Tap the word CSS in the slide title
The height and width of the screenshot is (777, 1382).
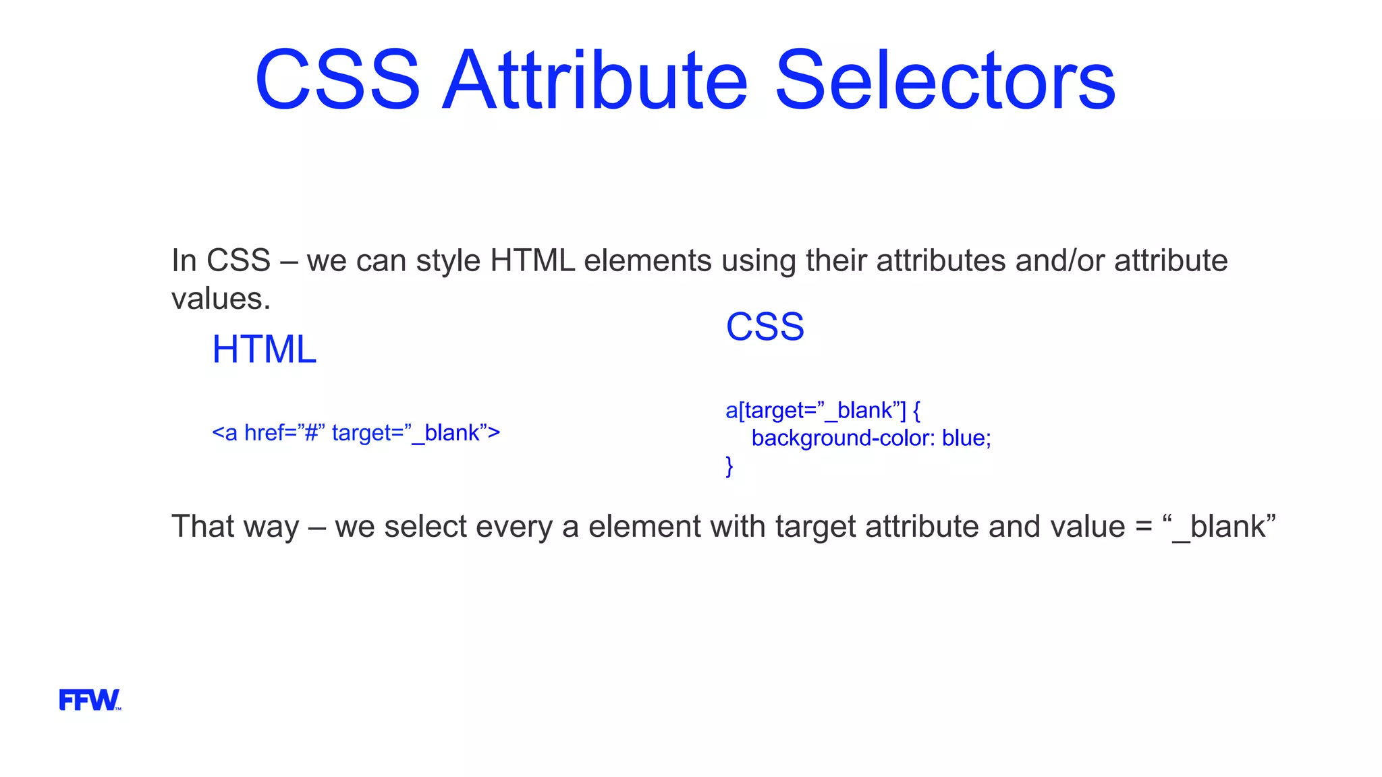(x=337, y=81)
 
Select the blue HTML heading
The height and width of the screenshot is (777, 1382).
(x=264, y=349)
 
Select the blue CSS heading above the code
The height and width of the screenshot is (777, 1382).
(x=765, y=327)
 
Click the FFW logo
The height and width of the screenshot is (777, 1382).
(x=90, y=700)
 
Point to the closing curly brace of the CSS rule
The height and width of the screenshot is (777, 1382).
(x=729, y=466)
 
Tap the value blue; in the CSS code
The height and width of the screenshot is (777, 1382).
(x=966, y=438)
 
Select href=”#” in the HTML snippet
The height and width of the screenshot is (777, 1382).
(x=285, y=433)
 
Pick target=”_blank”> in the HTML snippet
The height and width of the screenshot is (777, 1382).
(x=416, y=433)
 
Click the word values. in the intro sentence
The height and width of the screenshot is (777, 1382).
(x=221, y=299)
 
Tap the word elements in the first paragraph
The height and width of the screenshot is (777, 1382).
(x=647, y=261)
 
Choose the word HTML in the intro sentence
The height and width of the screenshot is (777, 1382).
(x=532, y=261)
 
